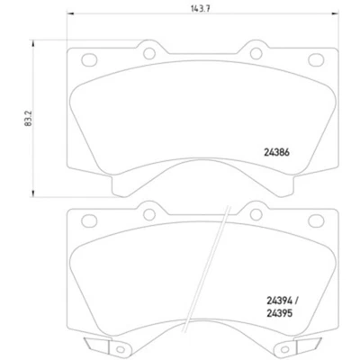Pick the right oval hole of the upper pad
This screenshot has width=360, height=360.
click(x=316, y=61)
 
